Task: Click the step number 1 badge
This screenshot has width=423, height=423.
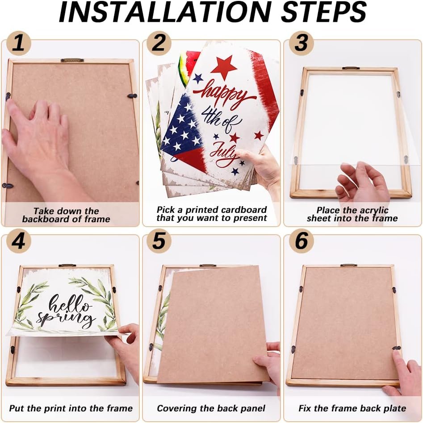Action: pyautogui.click(x=19, y=43)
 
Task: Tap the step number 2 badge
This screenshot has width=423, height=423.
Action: pyautogui.click(x=159, y=43)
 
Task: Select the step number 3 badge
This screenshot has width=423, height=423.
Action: pyautogui.click(x=301, y=43)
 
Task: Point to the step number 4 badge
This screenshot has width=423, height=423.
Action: pyautogui.click(x=19, y=241)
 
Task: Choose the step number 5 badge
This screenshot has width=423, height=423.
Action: pyautogui.click(x=159, y=241)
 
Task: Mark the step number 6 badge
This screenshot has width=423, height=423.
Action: pyautogui.click(x=301, y=241)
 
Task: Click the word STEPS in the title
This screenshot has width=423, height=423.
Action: pyautogui.click(x=323, y=12)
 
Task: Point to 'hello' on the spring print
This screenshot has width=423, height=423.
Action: pyautogui.click(x=70, y=304)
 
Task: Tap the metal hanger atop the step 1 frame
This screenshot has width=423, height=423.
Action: pyautogui.click(x=72, y=60)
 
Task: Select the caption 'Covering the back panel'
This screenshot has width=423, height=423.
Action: pyautogui.click(x=211, y=408)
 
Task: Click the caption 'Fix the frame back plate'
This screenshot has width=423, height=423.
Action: pyautogui.click(x=352, y=408)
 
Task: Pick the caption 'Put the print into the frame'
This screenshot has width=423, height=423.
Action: pyautogui.click(x=71, y=408)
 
